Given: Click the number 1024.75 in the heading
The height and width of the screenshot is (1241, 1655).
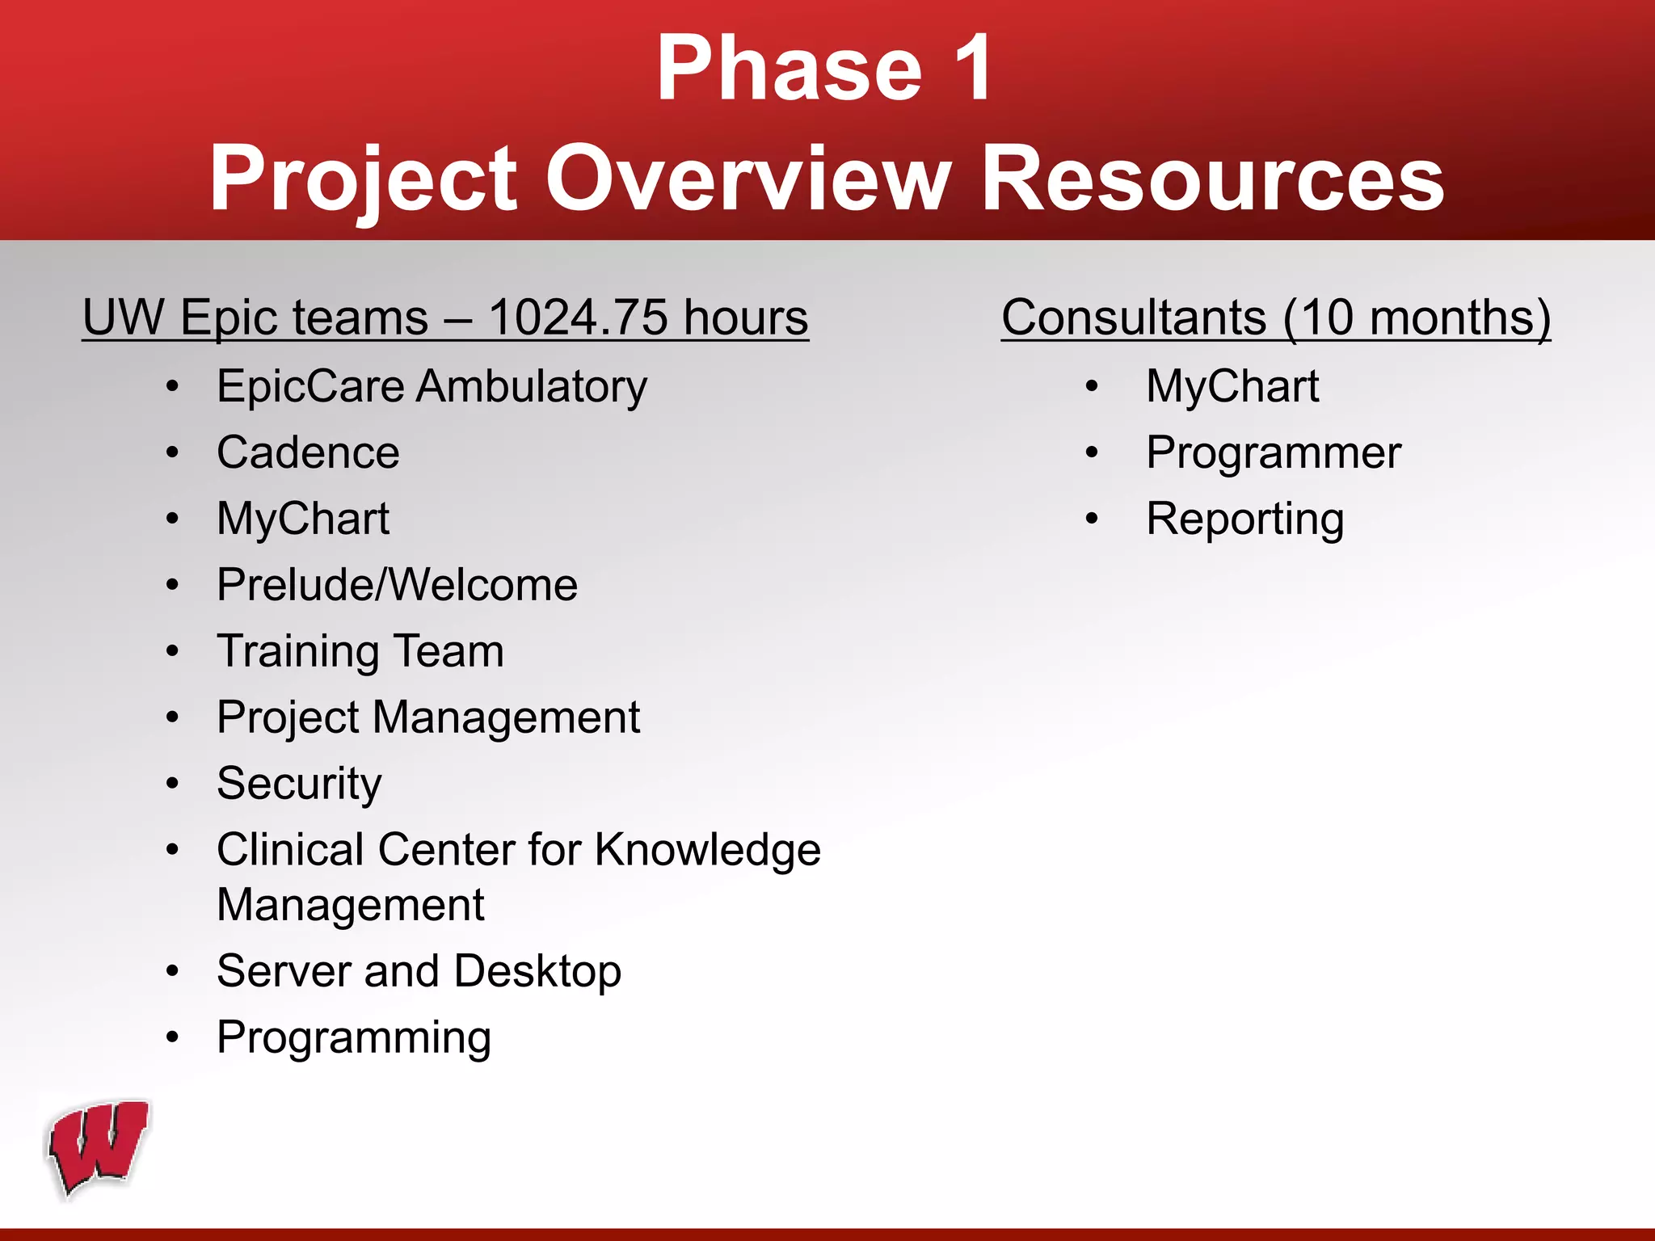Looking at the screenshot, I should pyautogui.click(x=578, y=317).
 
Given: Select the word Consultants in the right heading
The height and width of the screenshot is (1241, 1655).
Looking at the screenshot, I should pyautogui.click(x=1134, y=317).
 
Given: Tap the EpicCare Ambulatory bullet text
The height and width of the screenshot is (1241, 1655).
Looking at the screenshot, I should pyautogui.click(x=432, y=386).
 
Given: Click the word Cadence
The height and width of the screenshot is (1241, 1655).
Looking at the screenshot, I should pyautogui.click(x=308, y=452).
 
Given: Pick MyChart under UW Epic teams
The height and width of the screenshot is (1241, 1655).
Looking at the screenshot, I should pyautogui.click(x=303, y=519).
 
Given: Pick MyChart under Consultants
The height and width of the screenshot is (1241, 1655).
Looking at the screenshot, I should pyautogui.click(x=1232, y=386).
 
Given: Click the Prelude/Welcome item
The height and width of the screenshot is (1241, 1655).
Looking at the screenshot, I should pyautogui.click(x=397, y=585).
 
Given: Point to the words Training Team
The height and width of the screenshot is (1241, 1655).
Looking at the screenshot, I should pyautogui.click(x=360, y=651).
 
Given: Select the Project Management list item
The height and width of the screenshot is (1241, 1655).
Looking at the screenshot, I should pyautogui.click(x=428, y=717).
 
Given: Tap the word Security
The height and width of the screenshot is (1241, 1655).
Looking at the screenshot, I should pyautogui.click(x=299, y=784).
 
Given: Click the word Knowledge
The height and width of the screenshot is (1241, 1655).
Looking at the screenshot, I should pyautogui.click(x=708, y=850).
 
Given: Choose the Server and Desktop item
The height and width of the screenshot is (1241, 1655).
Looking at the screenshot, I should pyautogui.click(x=419, y=971).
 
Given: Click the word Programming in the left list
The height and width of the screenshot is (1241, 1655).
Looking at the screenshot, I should pyautogui.click(x=354, y=1037).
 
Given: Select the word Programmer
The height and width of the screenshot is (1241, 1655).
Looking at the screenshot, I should pyautogui.click(x=1273, y=452).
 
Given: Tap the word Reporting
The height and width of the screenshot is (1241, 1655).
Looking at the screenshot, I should pyautogui.click(x=1244, y=519).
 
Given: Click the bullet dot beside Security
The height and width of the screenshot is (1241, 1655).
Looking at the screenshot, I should pyautogui.click(x=172, y=784).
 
